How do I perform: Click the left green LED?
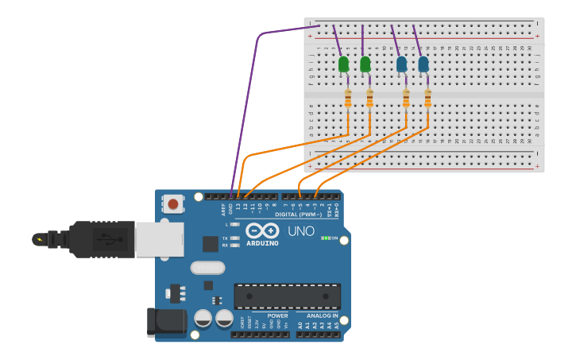pyautogui.click(x=343, y=64)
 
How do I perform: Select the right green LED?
pyautogui.click(x=365, y=64)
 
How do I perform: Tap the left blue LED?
pyautogui.click(x=401, y=64)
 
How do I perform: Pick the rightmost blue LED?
pyautogui.click(x=423, y=64)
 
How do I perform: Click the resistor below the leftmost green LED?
pyautogui.click(x=347, y=98)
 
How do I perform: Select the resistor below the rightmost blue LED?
pyautogui.click(x=427, y=98)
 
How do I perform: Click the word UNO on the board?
pyautogui.click(x=300, y=231)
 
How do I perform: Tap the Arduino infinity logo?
pyautogui.click(x=261, y=230)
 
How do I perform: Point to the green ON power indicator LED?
pyautogui.click(x=325, y=238)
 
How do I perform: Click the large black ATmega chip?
pyautogui.click(x=287, y=296)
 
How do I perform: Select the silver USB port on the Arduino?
pyautogui.click(x=159, y=239)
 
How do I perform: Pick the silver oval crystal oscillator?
pyautogui.click(x=207, y=268)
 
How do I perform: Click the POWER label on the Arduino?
pyautogui.click(x=277, y=315)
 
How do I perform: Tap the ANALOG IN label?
pyautogui.click(x=323, y=315)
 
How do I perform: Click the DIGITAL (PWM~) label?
pyautogui.click(x=298, y=215)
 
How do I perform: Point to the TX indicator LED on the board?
pyautogui.click(x=234, y=238)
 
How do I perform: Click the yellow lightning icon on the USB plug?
pyautogui.click(x=38, y=238)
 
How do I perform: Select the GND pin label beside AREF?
pyautogui.click(x=230, y=209)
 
